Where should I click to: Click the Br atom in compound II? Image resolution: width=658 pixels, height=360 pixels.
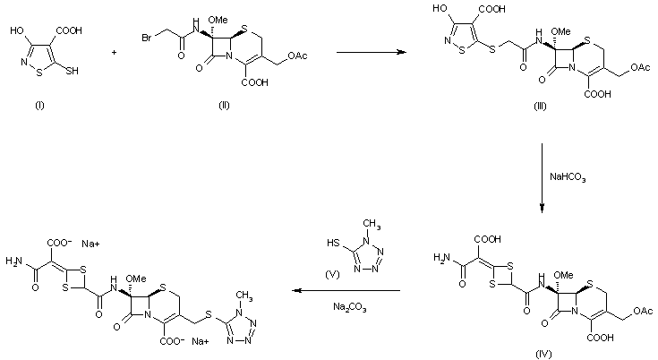[148, 38]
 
